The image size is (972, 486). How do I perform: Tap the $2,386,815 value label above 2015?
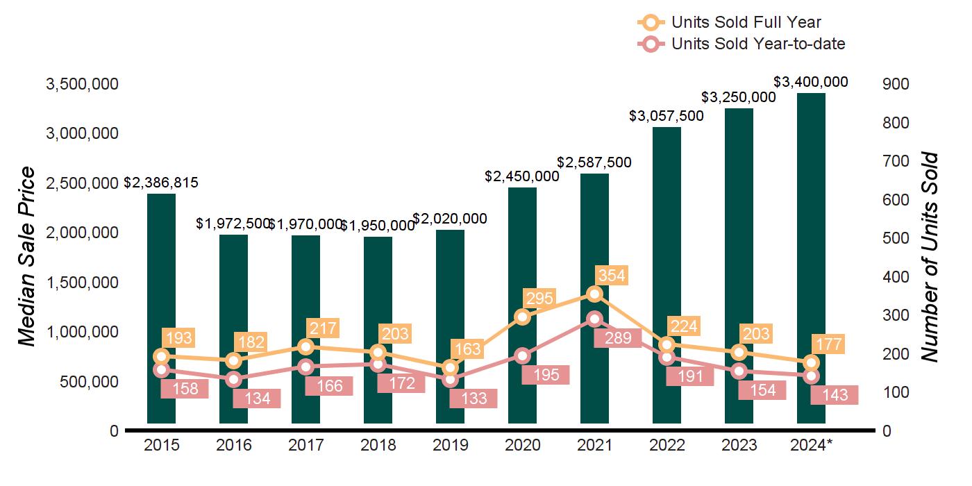161,183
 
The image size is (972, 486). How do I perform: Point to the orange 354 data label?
611,276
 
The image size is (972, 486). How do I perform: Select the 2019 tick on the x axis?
451,445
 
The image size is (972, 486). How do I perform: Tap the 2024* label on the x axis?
811,445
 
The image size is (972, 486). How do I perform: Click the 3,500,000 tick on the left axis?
82,84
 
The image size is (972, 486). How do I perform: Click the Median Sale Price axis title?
26,257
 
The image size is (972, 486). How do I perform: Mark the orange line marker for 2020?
523,317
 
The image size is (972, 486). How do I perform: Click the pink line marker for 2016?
234,379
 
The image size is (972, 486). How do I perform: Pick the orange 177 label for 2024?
828,344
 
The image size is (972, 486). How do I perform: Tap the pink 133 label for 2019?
474,399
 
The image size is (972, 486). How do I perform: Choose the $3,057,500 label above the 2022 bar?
667,116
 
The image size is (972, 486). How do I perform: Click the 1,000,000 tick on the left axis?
82,332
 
